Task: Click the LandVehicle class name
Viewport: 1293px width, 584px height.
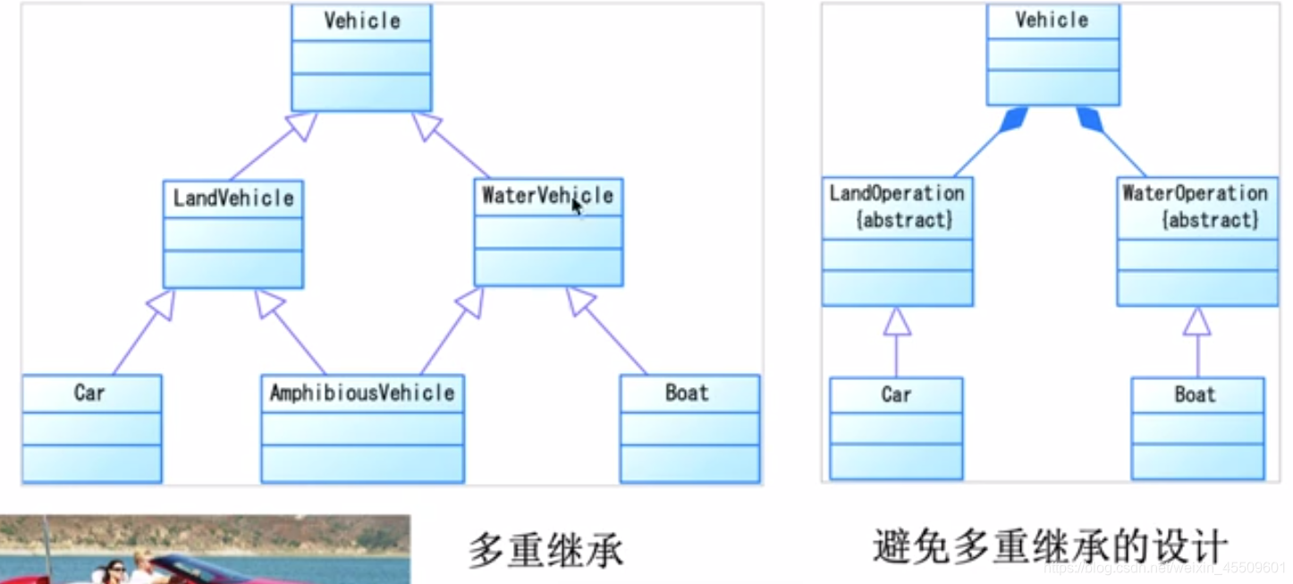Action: point(233,198)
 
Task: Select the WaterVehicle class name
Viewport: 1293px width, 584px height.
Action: point(547,196)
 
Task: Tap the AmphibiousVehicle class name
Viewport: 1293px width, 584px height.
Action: point(362,393)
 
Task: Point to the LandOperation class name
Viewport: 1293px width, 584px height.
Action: point(897,193)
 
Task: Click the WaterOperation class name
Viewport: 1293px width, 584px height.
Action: point(1196,193)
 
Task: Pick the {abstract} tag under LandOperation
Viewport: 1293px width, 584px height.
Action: point(904,219)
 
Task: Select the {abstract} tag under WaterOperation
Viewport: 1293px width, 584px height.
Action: point(1210,219)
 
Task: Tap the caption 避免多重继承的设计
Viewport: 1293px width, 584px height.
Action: point(1051,545)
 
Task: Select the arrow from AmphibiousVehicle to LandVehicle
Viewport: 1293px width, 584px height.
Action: point(291,332)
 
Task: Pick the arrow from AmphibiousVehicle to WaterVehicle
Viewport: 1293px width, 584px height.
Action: point(452,332)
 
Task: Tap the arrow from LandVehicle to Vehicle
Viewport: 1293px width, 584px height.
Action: point(274,147)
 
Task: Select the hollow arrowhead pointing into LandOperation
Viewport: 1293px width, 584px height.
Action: point(897,321)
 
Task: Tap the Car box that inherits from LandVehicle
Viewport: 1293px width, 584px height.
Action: point(91,428)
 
